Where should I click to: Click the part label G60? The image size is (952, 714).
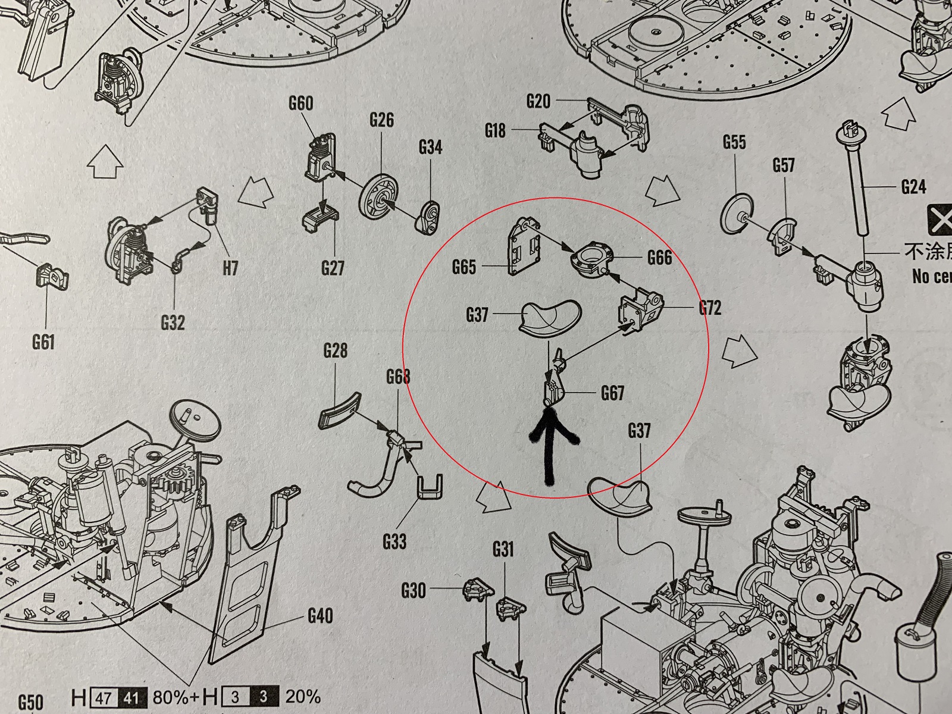300,104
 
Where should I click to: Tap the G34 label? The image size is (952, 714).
430,147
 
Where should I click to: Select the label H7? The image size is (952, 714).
230,268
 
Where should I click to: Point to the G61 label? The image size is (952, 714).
43,342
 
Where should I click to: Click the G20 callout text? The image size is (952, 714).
538,102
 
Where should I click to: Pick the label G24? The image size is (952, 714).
913,187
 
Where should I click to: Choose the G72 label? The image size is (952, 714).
710,308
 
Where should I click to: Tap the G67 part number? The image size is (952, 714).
612,393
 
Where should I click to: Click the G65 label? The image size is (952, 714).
464,267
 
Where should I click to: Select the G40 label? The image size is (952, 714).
321,616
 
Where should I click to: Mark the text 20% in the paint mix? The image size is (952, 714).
303,697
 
